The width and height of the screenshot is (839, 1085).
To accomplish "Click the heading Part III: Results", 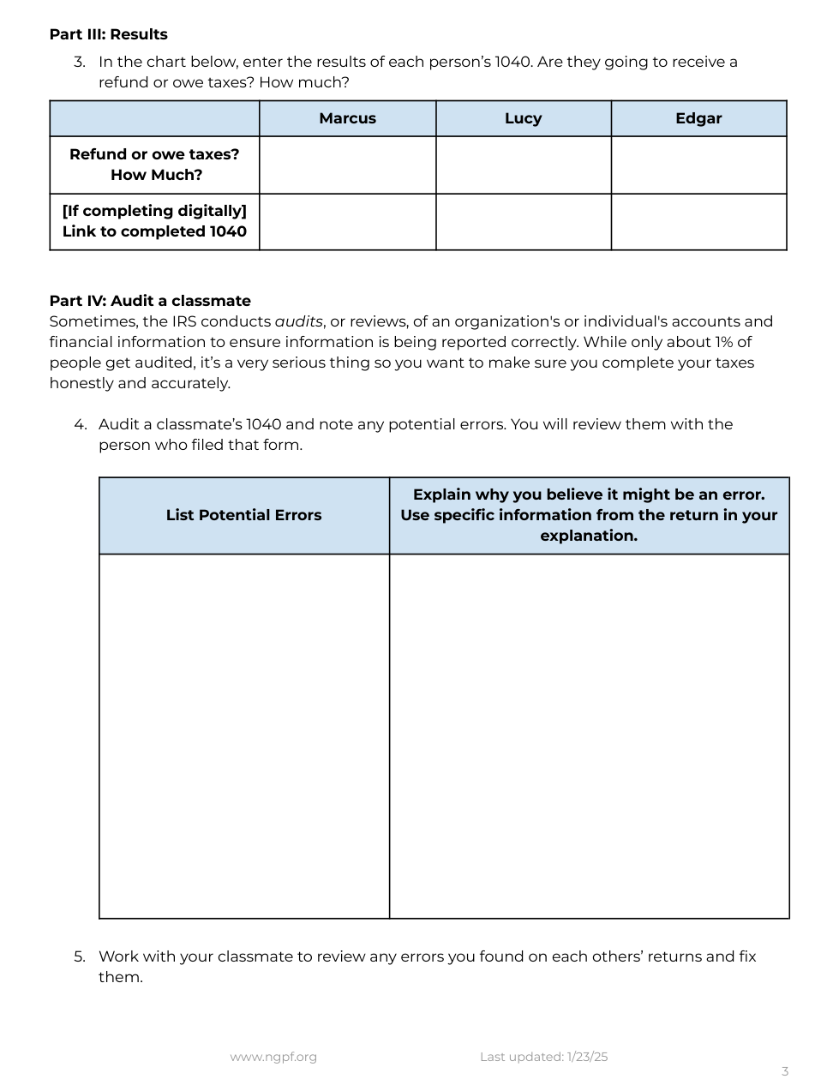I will [x=108, y=34].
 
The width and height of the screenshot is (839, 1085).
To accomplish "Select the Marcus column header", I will [x=347, y=118].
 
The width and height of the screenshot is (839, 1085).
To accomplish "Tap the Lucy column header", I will [x=523, y=118].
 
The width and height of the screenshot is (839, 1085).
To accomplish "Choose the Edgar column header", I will [x=698, y=118].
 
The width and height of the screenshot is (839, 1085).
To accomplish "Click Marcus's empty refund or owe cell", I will [x=347, y=165].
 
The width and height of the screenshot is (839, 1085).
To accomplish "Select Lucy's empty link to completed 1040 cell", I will [x=523, y=222].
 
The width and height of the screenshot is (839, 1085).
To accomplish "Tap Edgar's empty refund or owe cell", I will [x=698, y=165].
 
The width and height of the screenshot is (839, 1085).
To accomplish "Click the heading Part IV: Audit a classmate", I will [x=150, y=301].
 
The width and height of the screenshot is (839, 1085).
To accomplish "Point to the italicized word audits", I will [x=298, y=321].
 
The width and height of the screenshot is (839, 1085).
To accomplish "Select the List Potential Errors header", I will [x=243, y=515].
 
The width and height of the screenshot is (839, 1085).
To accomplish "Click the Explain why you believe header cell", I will [x=589, y=515].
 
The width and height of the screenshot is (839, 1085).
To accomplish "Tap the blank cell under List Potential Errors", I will [x=243, y=735].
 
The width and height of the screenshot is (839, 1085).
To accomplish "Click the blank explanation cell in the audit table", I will [x=589, y=735].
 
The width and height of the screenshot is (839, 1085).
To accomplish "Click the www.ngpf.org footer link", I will [x=273, y=1057].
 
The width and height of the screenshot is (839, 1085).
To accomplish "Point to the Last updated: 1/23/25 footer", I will [x=543, y=1057].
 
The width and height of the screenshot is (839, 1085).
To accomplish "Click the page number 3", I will [x=784, y=1071].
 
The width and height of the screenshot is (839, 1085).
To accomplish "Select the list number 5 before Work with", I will [x=79, y=956].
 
